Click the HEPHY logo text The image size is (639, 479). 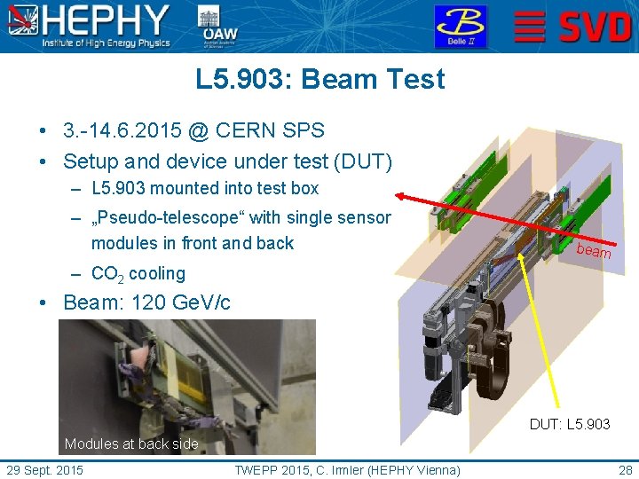[106, 20]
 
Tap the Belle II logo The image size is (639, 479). [460, 26]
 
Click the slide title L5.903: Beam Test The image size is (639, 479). [319, 80]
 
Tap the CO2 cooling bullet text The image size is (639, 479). [138, 274]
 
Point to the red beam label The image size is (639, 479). [594, 251]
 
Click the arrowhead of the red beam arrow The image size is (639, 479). [400, 195]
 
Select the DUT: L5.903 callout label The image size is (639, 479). [570, 424]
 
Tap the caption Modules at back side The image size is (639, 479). [131, 444]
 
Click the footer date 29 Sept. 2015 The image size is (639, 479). [45, 468]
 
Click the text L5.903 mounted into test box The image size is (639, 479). [204, 188]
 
